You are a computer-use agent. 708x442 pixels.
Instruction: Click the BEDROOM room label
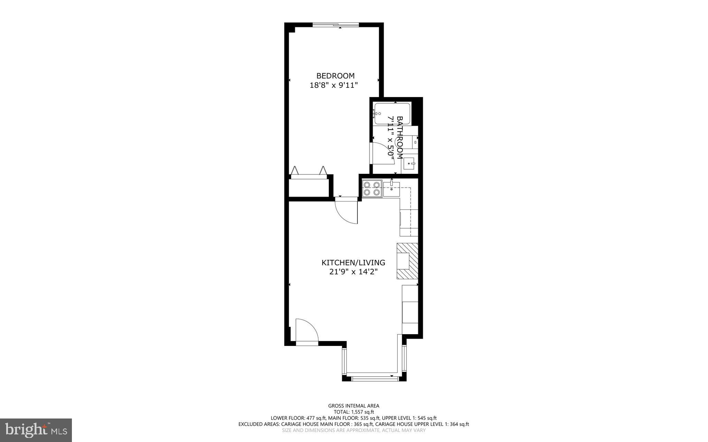coord(335,76)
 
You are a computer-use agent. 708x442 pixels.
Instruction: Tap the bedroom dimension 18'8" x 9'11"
coord(333,85)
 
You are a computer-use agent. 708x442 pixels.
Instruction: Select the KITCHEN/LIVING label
coord(353,263)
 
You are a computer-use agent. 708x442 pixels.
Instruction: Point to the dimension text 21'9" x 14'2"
coord(353,272)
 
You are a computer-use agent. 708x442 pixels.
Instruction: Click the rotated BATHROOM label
coord(400,137)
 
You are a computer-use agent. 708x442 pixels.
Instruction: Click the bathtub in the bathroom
coord(392,114)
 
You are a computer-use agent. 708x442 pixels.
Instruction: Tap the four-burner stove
coord(372,189)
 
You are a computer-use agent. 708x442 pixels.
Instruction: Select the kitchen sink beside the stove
coord(391,188)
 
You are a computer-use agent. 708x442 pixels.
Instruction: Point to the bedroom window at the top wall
coord(336,25)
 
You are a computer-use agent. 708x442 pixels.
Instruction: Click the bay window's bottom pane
coord(374,379)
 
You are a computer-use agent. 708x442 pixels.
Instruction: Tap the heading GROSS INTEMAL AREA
coord(353,406)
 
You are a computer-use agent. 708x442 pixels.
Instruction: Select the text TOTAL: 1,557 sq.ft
coord(353,412)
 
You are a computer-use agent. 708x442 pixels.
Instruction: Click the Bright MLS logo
coord(36,430)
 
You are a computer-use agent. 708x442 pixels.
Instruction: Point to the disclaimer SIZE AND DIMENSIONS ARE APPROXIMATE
coord(353,431)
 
